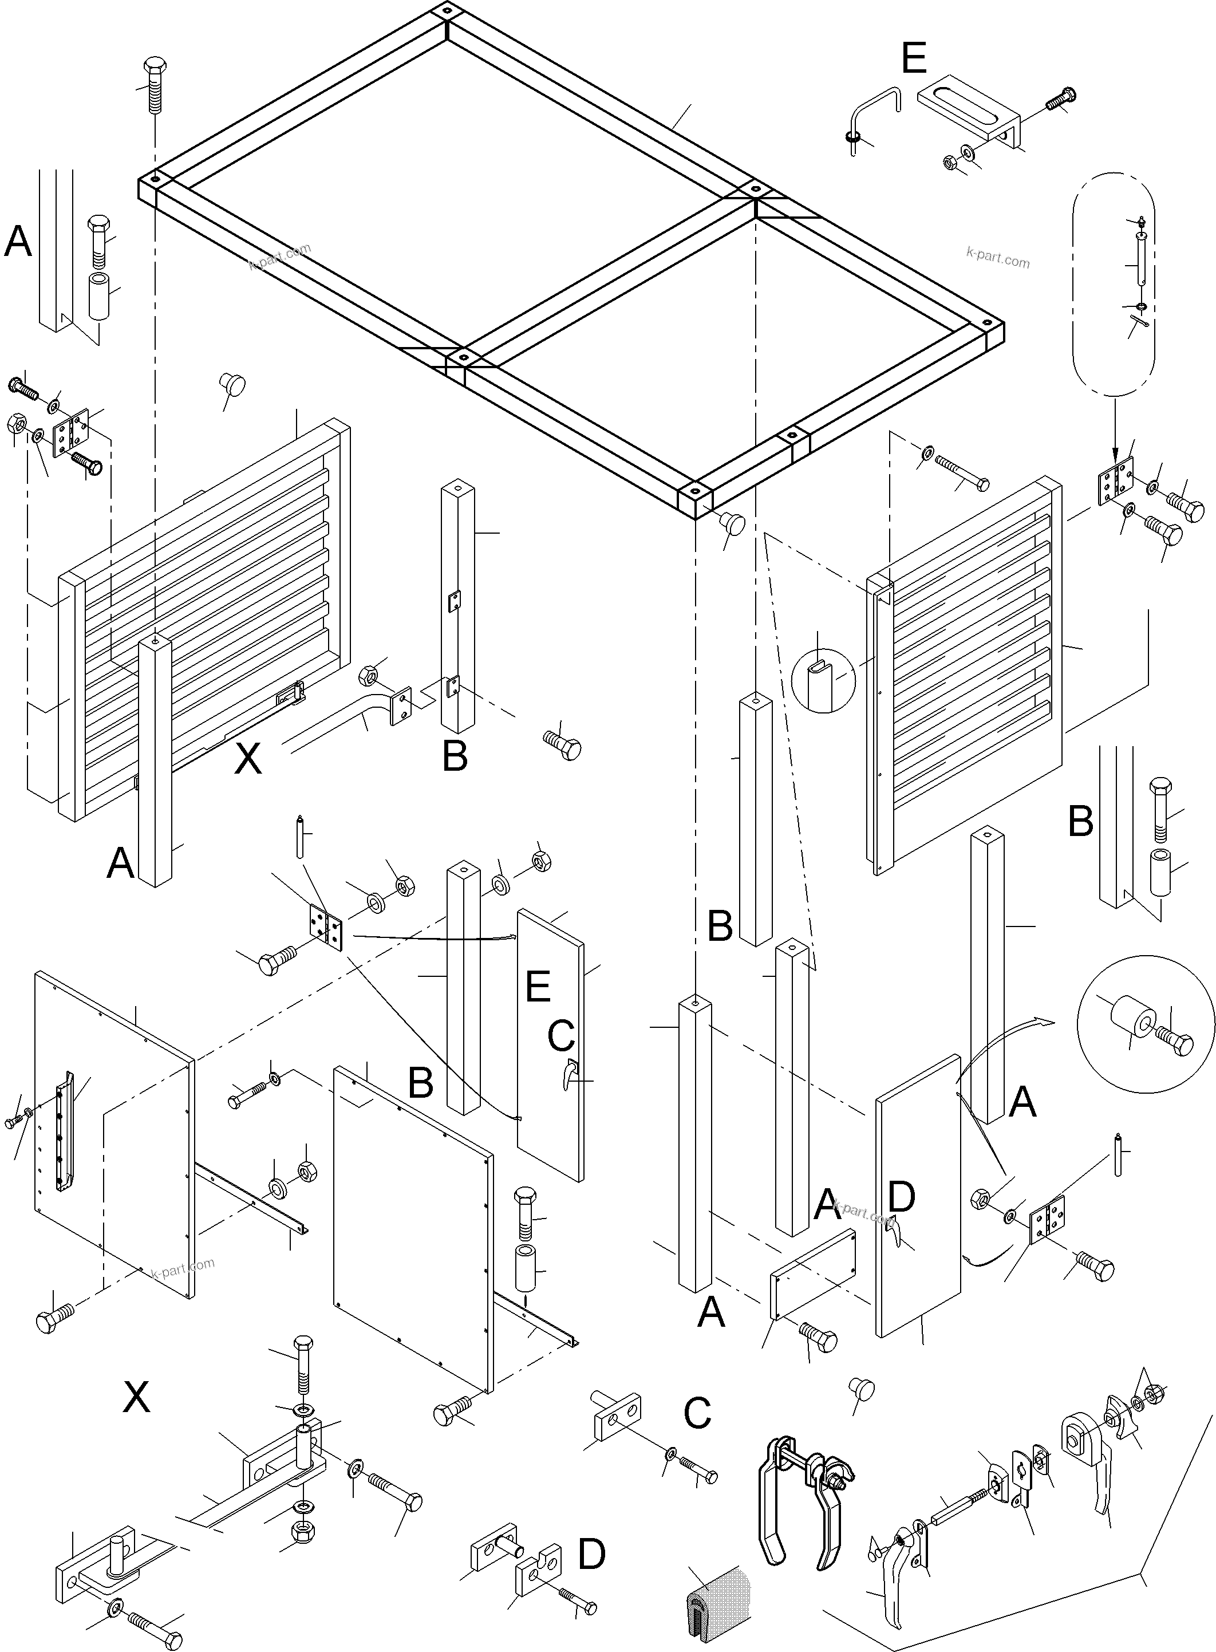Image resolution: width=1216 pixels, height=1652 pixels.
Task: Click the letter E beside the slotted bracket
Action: [x=914, y=59]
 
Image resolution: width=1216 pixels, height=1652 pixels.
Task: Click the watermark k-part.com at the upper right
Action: [x=997, y=260]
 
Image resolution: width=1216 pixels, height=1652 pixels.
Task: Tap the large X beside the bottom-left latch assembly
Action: [x=137, y=1397]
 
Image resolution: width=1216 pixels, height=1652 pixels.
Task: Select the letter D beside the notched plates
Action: [x=592, y=1555]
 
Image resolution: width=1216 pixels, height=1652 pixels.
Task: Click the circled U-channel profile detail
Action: [x=824, y=680]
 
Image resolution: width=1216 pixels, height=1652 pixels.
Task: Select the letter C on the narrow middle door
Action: [x=561, y=1036]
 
